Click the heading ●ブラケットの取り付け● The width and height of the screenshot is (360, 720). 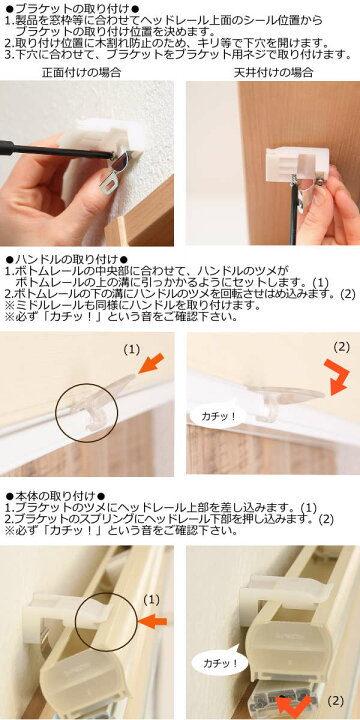(x=72, y=8)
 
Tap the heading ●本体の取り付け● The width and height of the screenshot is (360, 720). (x=63, y=496)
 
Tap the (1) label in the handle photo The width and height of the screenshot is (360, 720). (x=131, y=351)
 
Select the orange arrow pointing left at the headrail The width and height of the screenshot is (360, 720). (x=153, y=622)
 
